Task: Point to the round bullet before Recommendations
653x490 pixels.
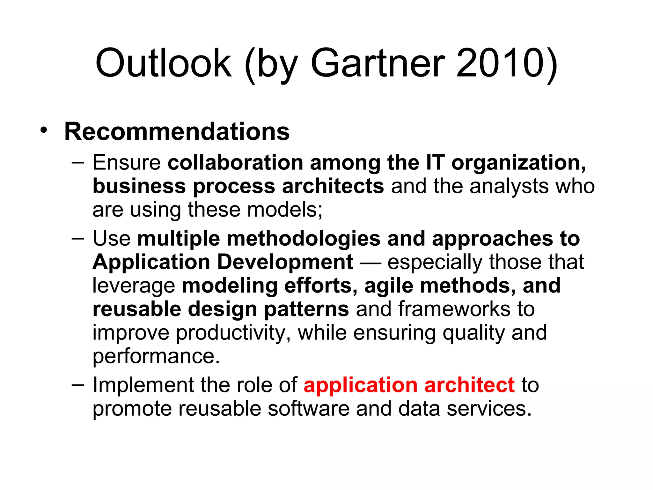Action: click(x=44, y=130)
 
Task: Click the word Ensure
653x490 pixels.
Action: click(x=127, y=162)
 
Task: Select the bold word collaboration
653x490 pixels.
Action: click(x=235, y=162)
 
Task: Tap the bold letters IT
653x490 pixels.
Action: click(x=435, y=162)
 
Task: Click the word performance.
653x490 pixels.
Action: click(x=156, y=356)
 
